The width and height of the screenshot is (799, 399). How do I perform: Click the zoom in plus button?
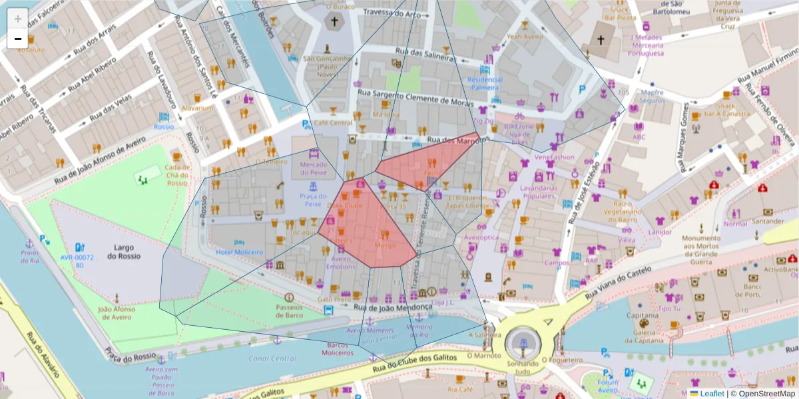tap(17, 18)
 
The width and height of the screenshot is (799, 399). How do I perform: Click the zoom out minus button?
tap(17, 39)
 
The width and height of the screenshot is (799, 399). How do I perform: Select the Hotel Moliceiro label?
tap(240, 252)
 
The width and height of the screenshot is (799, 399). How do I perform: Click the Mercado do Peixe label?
tap(314, 168)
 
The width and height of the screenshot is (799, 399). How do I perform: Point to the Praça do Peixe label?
tap(313, 200)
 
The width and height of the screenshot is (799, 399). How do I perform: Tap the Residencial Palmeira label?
tap(485, 83)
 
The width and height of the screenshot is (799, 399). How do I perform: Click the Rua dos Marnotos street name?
tap(453, 140)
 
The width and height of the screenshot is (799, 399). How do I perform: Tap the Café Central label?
tap(333, 123)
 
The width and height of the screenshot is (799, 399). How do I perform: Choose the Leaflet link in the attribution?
tap(712, 394)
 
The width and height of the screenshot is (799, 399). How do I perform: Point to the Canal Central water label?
tap(273, 358)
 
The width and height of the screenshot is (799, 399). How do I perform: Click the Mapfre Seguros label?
tap(651, 97)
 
